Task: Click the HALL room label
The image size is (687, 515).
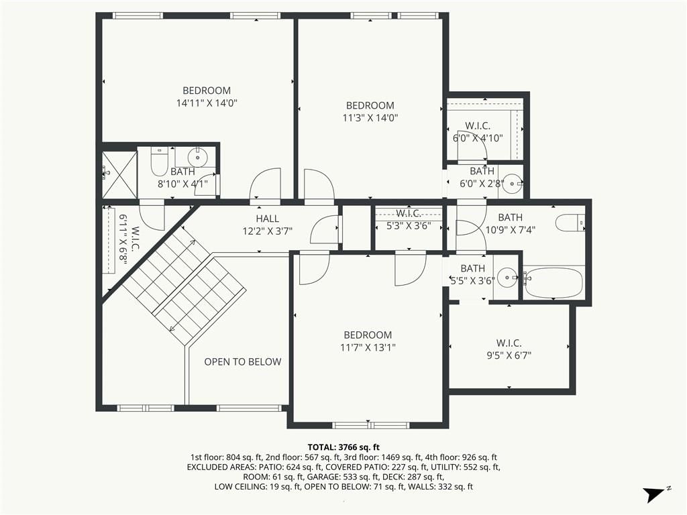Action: (267, 219)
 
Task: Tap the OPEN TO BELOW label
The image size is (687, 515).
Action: (243, 361)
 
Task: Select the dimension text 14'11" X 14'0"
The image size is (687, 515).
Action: (207, 103)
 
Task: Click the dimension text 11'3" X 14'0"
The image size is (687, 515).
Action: (370, 118)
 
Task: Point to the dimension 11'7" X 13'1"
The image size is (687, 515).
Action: (368, 348)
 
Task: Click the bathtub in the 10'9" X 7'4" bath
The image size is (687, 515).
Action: (553, 282)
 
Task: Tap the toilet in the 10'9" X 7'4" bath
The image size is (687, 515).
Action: (570, 223)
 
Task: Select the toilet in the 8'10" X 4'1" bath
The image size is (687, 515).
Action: (159, 161)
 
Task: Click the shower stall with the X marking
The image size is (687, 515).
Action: (119, 175)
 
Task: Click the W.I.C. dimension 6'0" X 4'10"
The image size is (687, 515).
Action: (478, 138)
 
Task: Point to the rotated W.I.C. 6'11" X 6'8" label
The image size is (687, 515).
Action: (129, 239)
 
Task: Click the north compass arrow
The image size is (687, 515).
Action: (653, 494)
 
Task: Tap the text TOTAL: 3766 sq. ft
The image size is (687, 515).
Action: (343, 447)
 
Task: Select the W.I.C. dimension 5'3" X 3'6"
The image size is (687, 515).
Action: (409, 226)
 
